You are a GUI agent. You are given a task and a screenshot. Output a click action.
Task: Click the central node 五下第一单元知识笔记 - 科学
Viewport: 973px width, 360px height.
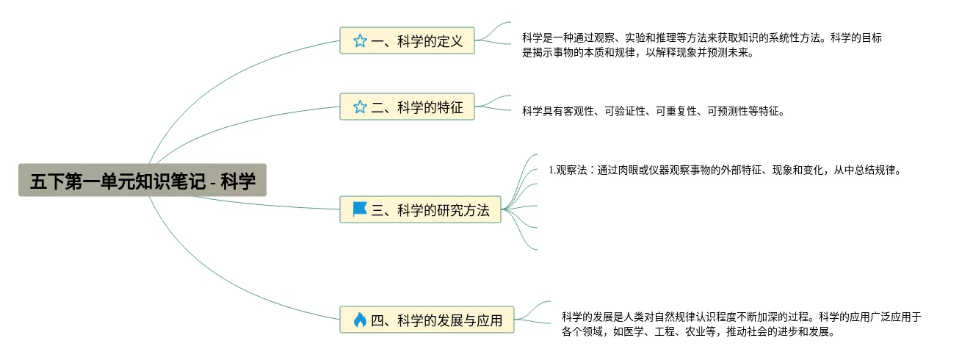pyautogui.click(x=142, y=180)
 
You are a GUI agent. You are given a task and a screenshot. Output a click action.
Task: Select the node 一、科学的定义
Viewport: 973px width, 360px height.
pyautogui.click(x=408, y=41)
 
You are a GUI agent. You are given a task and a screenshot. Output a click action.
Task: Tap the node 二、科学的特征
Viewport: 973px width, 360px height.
pyautogui.click(x=408, y=107)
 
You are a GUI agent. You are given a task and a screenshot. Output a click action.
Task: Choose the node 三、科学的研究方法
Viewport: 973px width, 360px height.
pyautogui.click(x=421, y=210)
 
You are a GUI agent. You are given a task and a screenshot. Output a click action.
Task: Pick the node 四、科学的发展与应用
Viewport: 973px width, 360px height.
pyautogui.click(x=427, y=320)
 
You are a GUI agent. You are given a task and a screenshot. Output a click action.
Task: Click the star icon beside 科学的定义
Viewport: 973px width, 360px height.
pyautogui.click(x=360, y=41)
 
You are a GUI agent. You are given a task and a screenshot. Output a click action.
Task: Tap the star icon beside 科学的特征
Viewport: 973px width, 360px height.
pyautogui.click(x=360, y=107)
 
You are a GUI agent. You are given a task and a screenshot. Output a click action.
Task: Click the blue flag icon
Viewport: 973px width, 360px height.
pyautogui.click(x=360, y=209)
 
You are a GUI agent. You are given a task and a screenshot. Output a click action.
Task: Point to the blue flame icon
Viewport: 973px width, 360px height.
pyautogui.click(x=360, y=320)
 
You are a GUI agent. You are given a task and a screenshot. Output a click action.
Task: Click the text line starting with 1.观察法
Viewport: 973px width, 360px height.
pyautogui.click(x=724, y=170)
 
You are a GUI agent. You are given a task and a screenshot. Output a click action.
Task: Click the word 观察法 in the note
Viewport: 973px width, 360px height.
pyautogui.click(x=572, y=170)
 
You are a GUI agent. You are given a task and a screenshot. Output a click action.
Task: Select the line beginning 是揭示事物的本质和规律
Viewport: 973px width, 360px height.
pyautogui.click(x=637, y=53)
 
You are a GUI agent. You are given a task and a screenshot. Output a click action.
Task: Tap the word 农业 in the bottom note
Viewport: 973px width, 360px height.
pyautogui.click(x=692, y=331)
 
